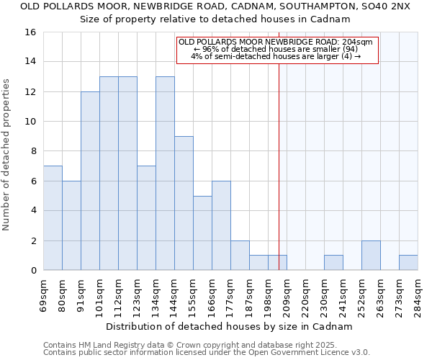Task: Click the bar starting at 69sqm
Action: pyautogui.click(x=53, y=218)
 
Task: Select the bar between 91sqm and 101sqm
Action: pyautogui.click(x=90, y=181)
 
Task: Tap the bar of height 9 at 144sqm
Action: pyautogui.click(x=184, y=203)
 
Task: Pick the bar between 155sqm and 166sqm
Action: pyautogui.click(x=202, y=233)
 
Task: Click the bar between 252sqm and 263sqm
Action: pyautogui.click(x=371, y=256)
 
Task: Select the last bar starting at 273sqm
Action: pyautogui.click(x=408, y=263)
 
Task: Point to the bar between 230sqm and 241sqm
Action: pyautogui.click(x=333, y=263)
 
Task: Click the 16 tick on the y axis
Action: pyautogui.click(x=30, y=32)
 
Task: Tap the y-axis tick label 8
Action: pyautogui.click(x=32, y=151)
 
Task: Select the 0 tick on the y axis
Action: pyautogui.click(x=32, y=271)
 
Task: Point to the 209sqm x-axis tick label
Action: pyautogui.click(x=287, y=294)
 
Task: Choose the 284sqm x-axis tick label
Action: pyautogui.click(x=418, y=294)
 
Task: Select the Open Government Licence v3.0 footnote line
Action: pyautogui.click(x=207, y=352)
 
